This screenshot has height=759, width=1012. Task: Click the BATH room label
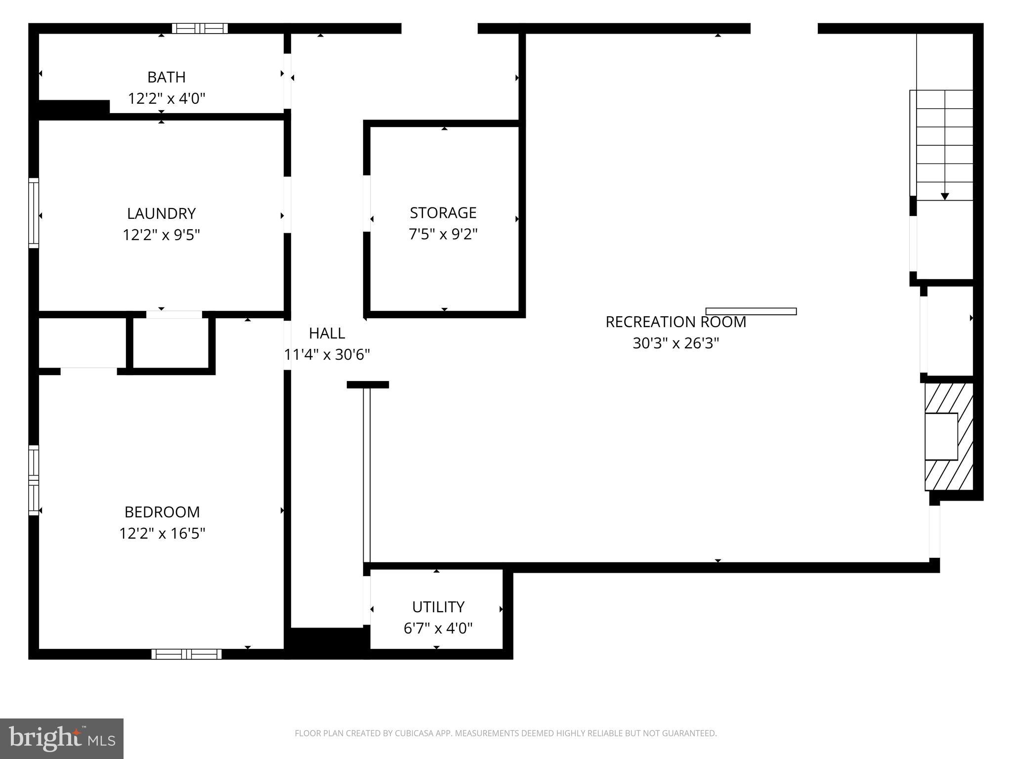click(x=167, y=77)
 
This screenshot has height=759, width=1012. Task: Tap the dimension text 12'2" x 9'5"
click(x=161, y=234)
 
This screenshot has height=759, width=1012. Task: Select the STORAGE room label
click(x=443, y=212)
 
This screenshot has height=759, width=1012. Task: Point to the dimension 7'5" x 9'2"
click(x=443, y=234)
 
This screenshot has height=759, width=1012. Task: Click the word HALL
click(x=327, y=333)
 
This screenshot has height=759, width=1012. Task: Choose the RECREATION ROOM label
click(x=675, y=322)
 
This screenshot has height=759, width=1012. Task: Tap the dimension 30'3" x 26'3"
click(x=675, y=343)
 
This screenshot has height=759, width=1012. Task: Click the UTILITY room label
click(x=438, y=606)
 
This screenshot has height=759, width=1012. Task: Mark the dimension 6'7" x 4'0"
click(x=438, y=628)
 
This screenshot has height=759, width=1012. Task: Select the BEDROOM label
click(x=162, y=511)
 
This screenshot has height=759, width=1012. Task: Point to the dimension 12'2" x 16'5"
click(x=162, y=533)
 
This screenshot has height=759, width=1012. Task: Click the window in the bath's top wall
click(x=200, y=28)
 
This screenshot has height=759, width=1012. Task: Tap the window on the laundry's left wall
click(x=33, y=212)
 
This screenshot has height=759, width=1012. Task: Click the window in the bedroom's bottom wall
click(x=186, y=654)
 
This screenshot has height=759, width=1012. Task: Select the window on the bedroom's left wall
click(x=33, y=480)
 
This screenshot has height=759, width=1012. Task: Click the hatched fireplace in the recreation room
click(x=949, y=437)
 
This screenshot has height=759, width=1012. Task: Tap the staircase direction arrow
click(x=945, y=196)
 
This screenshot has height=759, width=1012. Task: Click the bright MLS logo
click(x=62, y=738)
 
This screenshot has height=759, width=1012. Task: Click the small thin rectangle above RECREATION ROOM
click(x=751, y=311)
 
